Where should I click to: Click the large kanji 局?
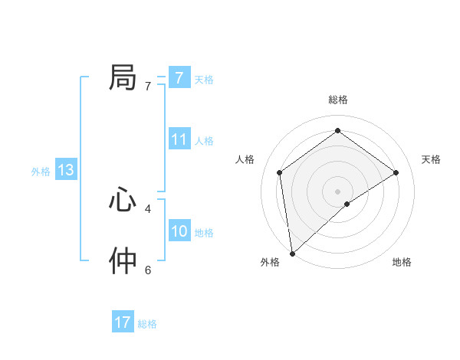123,78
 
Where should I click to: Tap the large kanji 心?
123,201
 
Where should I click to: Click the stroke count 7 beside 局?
148,87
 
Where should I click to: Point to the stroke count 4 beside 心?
148,208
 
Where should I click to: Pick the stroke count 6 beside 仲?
148,270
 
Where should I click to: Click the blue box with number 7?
179,78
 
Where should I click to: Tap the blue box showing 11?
179,139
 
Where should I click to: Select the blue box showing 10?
179,231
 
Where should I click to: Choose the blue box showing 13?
66,170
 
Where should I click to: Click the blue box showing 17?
123,322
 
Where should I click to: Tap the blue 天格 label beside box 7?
204,79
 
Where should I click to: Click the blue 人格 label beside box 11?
204,140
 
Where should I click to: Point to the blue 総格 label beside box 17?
147,323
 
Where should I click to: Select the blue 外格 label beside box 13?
41,172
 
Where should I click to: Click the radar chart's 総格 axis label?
337,100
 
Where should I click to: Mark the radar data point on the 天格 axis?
396,172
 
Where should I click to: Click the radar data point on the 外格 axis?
291,254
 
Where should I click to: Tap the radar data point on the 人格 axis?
280,172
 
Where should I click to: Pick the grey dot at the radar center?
337,191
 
